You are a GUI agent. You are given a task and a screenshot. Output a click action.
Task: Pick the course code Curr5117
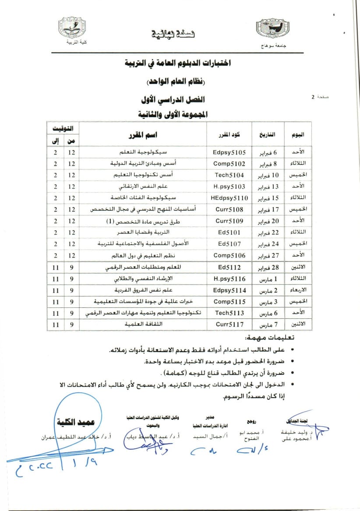tap(229, 324)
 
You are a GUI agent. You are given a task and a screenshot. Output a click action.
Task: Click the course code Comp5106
tap(229, 255)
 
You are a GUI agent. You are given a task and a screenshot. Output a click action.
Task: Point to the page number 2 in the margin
tap(313, 97)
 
